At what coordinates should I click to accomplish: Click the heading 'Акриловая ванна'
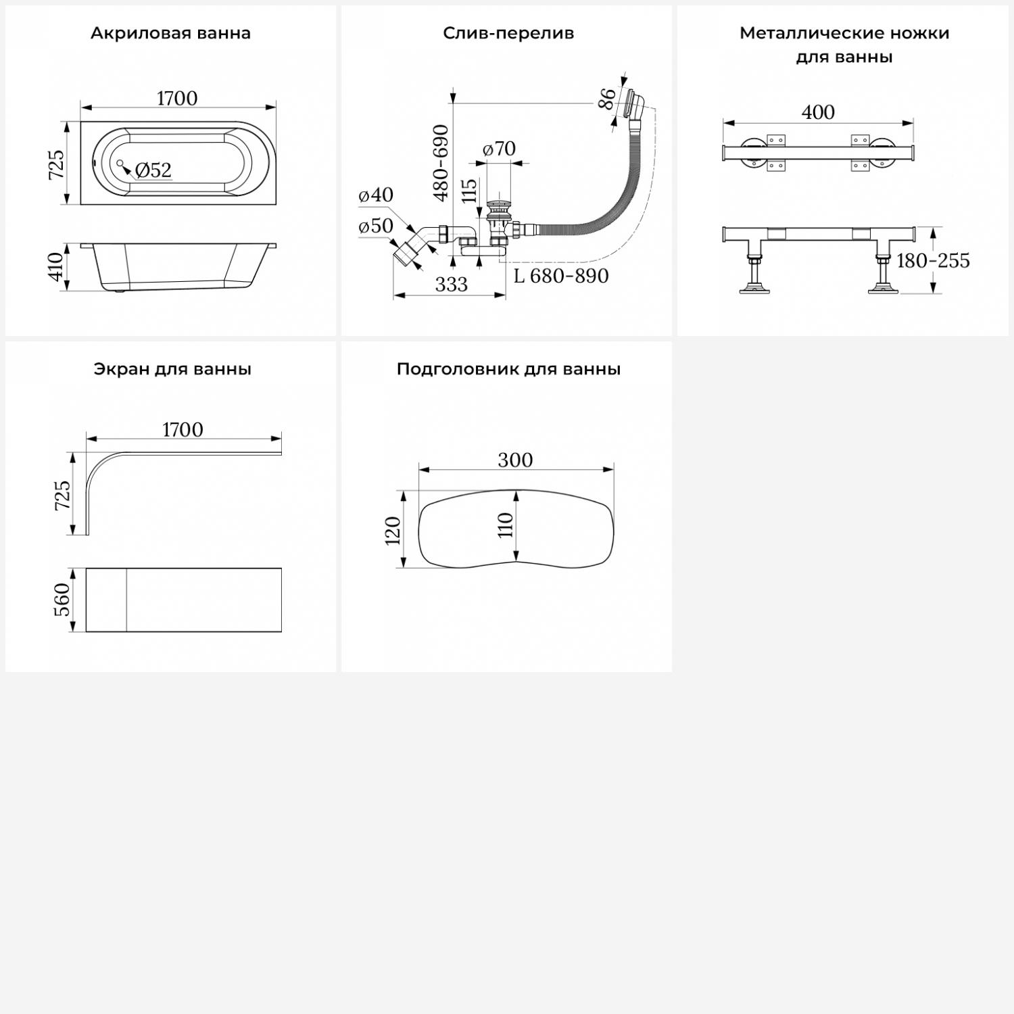(x=170, y=33)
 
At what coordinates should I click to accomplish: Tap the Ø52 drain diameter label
(x=153, y=170)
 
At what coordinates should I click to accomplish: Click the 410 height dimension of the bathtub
(x=57, y=266)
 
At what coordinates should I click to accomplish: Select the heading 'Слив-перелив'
(x=508, y=33)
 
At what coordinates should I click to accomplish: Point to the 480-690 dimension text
(x=441, y=163)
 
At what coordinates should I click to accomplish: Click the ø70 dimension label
(x=500, y=148)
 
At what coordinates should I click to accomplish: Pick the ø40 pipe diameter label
(x=376, y=195)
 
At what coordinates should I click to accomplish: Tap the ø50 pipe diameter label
(x=376, y=226)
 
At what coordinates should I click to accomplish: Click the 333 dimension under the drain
(x=452, y=285)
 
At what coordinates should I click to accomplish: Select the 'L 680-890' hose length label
(x=561, y=276)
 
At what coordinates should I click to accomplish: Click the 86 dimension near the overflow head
(x=608, y=99)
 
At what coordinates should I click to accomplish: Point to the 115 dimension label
(x=470, y=191)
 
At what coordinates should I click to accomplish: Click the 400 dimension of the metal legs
(x=818, y=112)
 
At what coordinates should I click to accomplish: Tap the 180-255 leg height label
(x=933, y=260)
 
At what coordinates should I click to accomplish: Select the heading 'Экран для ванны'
(x=172, y=369)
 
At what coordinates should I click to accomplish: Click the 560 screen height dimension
(x=62, y=600)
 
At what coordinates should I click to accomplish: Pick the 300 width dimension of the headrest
(x=515, y=460)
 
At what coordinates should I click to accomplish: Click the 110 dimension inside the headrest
(x=506, y=525)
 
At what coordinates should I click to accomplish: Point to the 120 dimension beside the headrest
(x=393, y=530)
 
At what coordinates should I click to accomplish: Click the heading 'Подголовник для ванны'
(x=508, y=369)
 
